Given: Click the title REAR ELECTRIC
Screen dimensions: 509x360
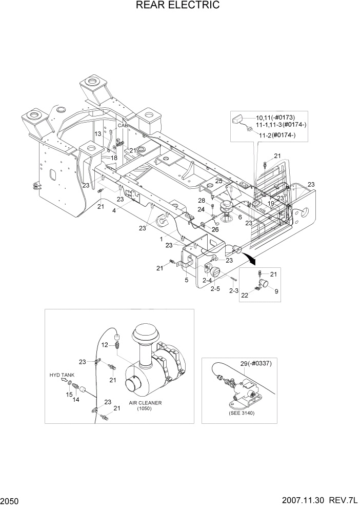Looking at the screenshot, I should (x=178, y=6).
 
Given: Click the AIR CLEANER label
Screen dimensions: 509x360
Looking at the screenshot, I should (x=145, y=403).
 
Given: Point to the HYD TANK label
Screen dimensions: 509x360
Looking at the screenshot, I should (x=62, y=375).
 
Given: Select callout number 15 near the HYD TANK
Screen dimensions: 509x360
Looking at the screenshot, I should (x=68, y=394).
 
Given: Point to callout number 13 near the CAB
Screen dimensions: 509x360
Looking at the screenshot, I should (x=98, y=133).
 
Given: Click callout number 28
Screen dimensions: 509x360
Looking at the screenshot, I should (x=202, y=200).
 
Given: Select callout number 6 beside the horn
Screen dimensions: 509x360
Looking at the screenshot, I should (x=239, y=217).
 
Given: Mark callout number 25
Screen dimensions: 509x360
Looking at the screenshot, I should (x=218, y=181).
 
